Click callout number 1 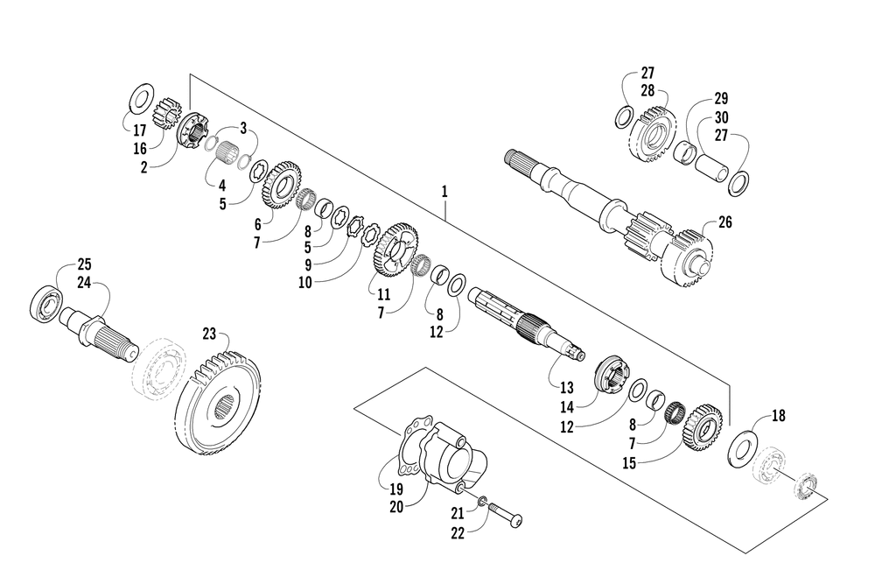coord(444,192)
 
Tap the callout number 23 coord(209,334)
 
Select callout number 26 coord(724,222)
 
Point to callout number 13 coord(566,388)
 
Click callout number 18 coord(779,415)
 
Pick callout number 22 coord(458,533)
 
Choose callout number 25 coord(84,264)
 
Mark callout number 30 coord(722,117)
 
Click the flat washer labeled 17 coord(142,97)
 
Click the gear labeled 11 coord(395,250)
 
